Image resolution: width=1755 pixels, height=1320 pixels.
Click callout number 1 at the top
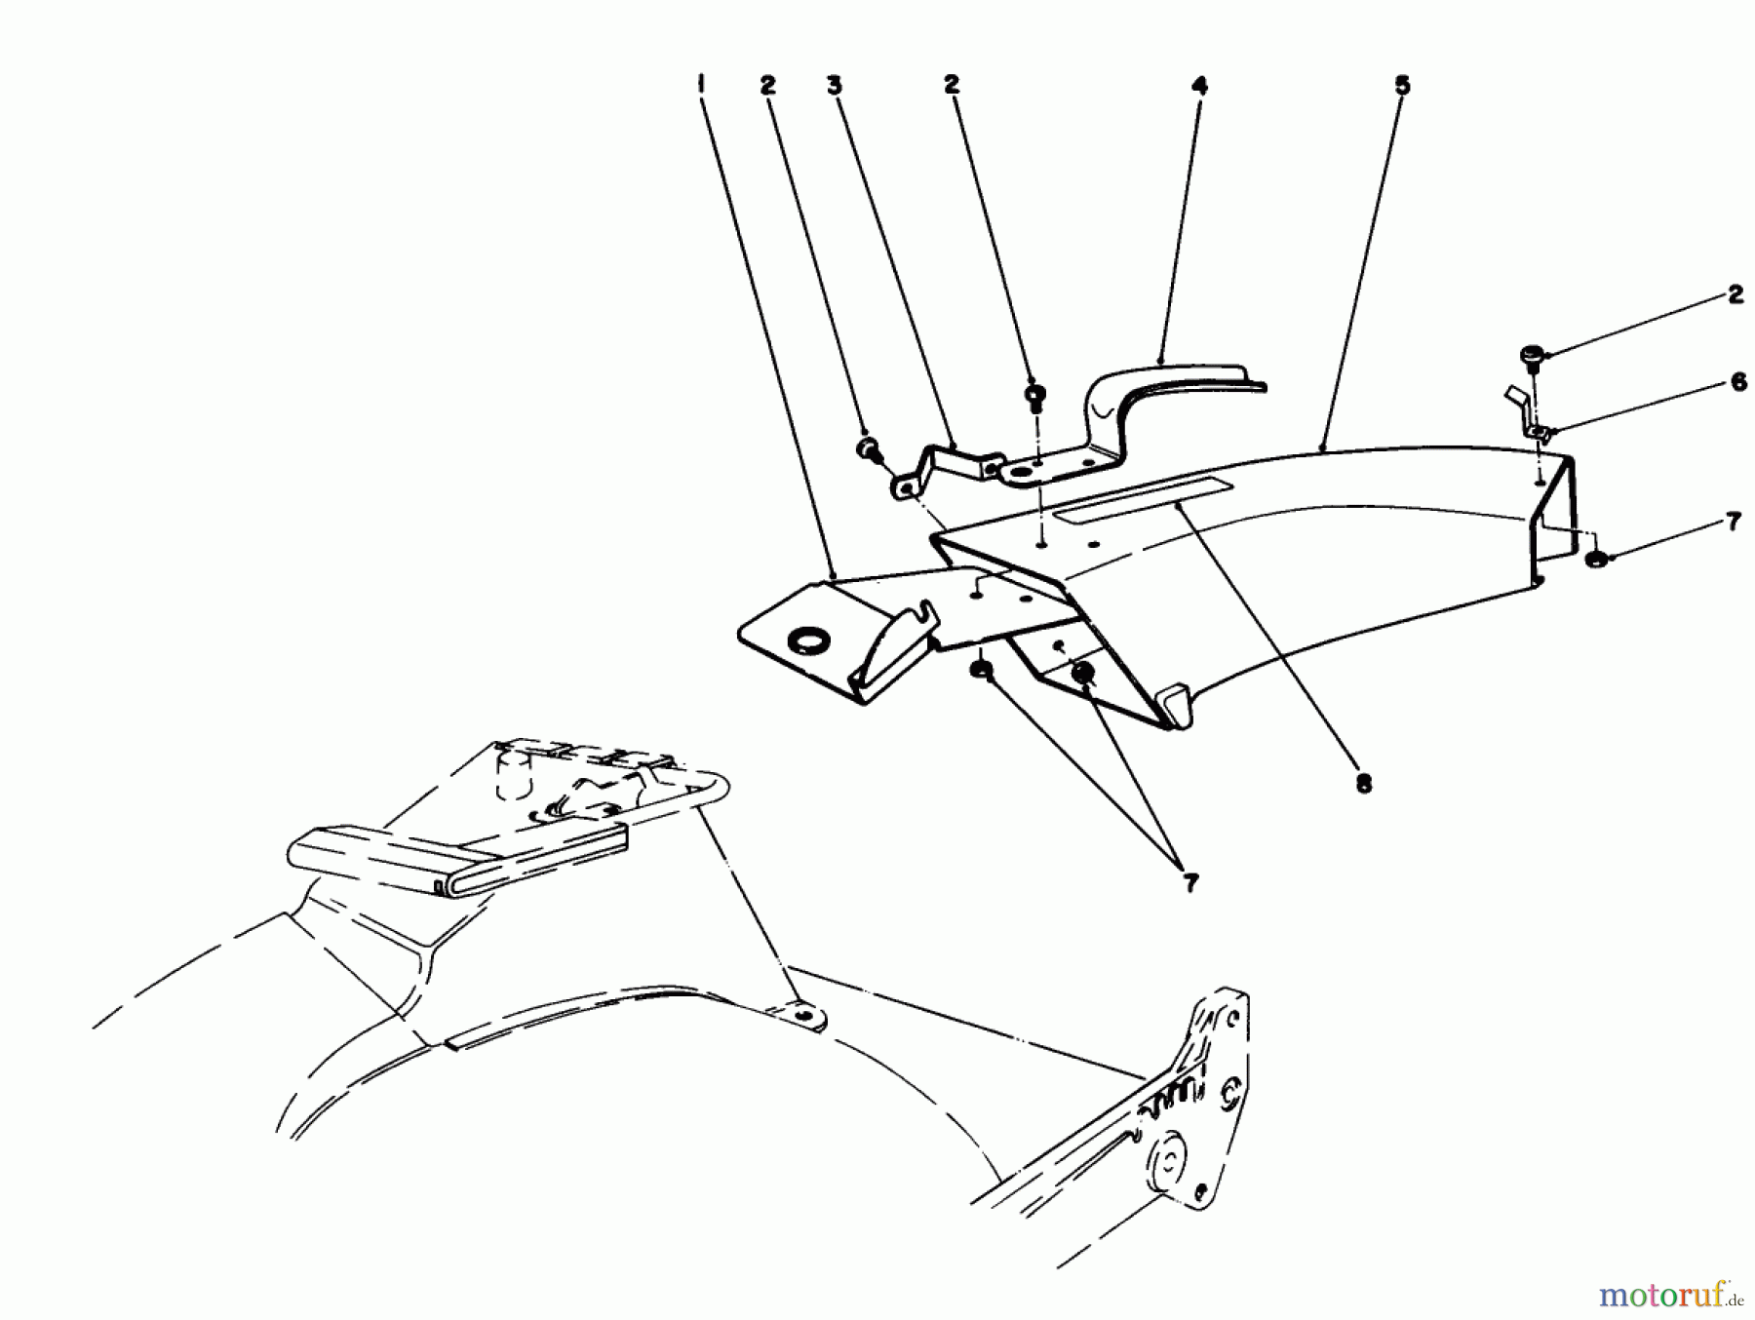[701, 85]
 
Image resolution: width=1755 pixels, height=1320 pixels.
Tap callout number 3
[834, 85]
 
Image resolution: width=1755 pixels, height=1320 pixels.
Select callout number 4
[1199, 85]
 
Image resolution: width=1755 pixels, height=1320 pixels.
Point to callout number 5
[1401, 85]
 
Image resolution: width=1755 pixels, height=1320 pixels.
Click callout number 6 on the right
[1738, 383]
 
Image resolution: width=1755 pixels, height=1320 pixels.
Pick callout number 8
[1363, 783]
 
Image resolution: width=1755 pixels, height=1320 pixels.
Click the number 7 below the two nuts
[1189, 883]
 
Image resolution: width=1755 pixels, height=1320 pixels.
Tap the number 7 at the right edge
[1733, 523]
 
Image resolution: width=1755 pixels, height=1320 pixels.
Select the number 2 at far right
[1735, 295]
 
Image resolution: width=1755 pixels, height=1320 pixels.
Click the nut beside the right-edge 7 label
[1596, 560]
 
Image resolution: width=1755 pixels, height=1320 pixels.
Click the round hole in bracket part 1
[805, 641]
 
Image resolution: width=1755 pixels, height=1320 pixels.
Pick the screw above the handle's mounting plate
[1035, 394]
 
